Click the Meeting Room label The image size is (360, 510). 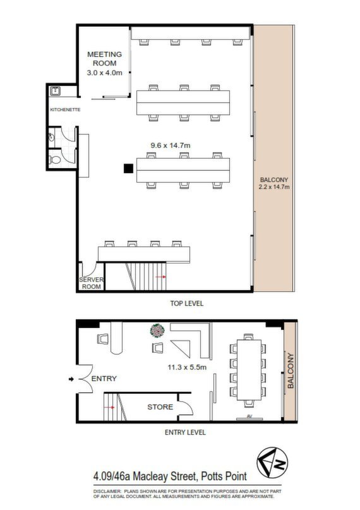tap(104, 59)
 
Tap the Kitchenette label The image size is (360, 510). tap(65, 109)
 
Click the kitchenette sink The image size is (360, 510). tap(55, 91)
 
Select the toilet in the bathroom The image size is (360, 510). tap(55, 160)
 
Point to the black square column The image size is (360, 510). tap(128, 169)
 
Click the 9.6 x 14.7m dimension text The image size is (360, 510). tap(171, 145)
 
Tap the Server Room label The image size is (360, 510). tap(92, 283)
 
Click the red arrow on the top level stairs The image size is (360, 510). tap(161, 277)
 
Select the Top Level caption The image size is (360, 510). tap(187, 303)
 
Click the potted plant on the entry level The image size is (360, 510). tap(157, 331)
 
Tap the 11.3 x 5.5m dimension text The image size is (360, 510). tap(187, 367)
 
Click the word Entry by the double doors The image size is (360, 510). tap(104, 379)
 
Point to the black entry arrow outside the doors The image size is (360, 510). tap(71, 379)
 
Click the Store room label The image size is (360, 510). tap(160, 407)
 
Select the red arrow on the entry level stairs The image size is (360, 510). tap(109, 407)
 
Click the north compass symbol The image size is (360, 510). tap(272, 462)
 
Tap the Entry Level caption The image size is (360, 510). tap(185, 432)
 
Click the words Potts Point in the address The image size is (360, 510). tap(224, 477)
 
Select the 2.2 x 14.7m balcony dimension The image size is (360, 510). tap(274, 187)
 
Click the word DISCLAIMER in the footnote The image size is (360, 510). tap(107, 491)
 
